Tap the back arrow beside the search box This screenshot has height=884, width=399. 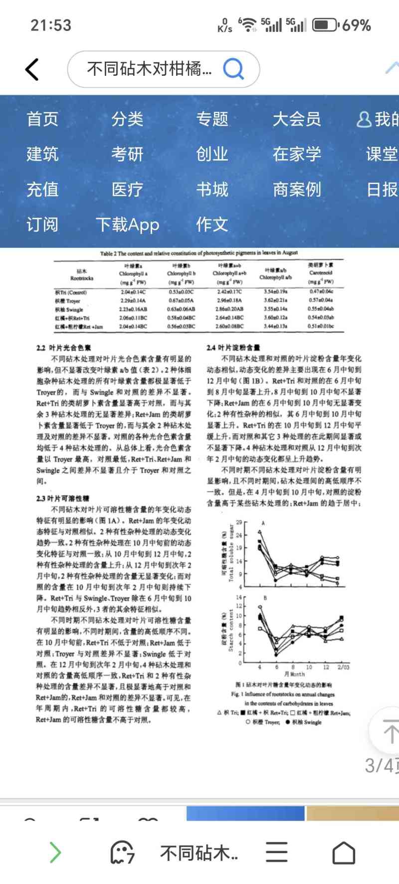[x=32, y=69]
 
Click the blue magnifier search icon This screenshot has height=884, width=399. [x=233, y=69]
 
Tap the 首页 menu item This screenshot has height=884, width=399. [x=42, y=119]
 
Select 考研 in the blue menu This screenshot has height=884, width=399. [x=127, y=154]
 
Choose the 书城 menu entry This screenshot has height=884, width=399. [x=212, y=190]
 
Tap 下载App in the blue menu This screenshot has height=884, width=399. [x=127, y=224]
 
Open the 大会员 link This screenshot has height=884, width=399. [x=297, y=119]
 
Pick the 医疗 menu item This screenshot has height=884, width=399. [x=127, y=190]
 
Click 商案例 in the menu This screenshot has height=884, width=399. [x=297, y=190]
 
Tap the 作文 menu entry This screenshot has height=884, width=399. [x=212, y=224]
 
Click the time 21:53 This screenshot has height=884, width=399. [x=51, y=25]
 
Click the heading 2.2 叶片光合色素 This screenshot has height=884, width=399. [x=63, y=348]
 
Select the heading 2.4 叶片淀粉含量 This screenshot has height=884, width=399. [x=233, y=347]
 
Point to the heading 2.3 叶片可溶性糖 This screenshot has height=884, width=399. [x=63, y=498]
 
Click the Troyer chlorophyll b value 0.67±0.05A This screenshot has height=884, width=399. [x=181, y=301]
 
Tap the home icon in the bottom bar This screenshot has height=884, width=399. [x=344, y=853]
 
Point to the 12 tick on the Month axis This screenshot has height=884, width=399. [x=326, y=667]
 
